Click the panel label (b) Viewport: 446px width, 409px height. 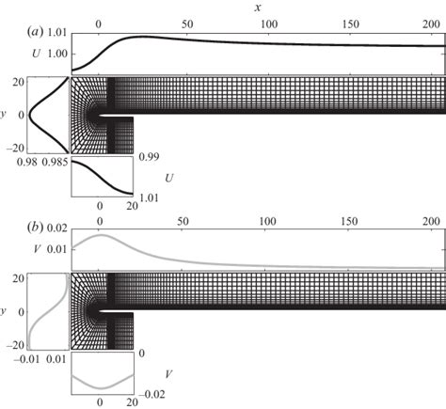(x=37, y=228)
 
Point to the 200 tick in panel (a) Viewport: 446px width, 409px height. (x=434, y=22)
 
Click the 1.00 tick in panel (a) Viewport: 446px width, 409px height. (x=55, y=54)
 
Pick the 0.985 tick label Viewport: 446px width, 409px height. (x=57, y=164)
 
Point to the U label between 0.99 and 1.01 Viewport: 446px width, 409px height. (x=170, y=176)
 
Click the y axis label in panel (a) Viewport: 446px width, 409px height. (x=7, y=116)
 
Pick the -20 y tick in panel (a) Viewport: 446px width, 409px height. (x=14, y=148)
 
